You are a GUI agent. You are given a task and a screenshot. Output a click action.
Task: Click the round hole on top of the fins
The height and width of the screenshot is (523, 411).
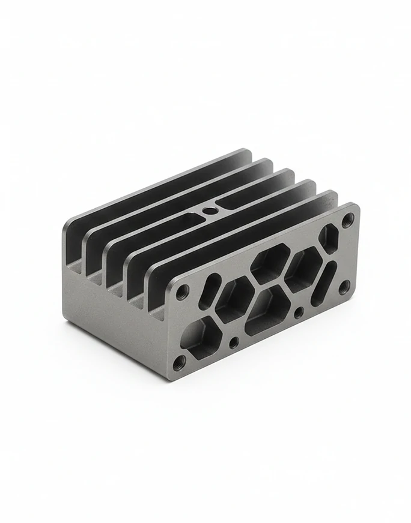pos(210,211)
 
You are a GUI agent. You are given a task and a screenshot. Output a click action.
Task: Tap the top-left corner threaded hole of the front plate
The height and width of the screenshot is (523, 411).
pos(183,292)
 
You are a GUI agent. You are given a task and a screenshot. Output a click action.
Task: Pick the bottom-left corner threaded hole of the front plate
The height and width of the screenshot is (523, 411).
pos(178,362)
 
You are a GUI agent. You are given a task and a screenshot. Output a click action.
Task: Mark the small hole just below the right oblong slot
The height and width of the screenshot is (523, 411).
pos(299,312)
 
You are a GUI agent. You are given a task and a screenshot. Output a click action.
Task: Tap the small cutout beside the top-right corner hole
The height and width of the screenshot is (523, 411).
pos(328,238)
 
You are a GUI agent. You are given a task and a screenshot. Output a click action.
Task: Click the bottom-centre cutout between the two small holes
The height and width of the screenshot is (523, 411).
pos(264,311)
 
